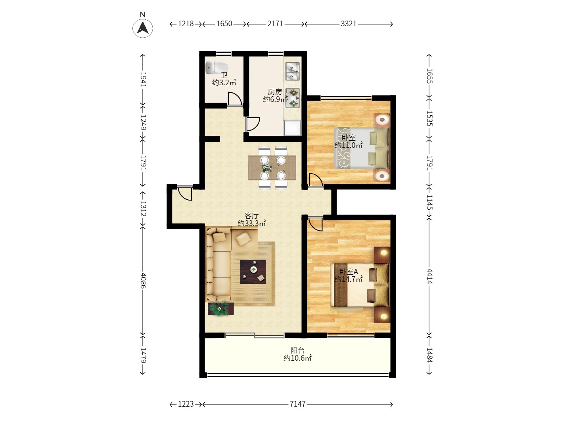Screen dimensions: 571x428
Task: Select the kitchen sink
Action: click(x=292, y=71)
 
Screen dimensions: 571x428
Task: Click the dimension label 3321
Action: click(x=348, y=24)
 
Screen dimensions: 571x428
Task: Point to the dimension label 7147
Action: click(x=298, y=404)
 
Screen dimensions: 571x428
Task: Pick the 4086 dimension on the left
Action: click(x=143, y=281)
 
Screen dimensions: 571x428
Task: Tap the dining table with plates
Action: click(x=272, y=168)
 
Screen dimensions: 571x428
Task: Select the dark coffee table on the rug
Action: click(x=253, y=272)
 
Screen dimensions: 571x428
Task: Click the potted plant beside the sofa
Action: click(x=220, y=309)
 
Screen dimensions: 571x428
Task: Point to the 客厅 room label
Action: click(x=251, y=216)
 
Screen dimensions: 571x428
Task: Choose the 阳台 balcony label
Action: click(x=297, y=351)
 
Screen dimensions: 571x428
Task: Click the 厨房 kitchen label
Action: click(x=275, y=92)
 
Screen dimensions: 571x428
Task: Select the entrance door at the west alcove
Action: click(x=185, y=193)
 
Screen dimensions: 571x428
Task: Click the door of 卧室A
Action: click(x=315, y=224)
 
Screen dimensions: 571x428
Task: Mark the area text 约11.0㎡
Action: click(x=349, y=145)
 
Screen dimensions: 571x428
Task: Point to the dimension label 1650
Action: click(x=224, y=24)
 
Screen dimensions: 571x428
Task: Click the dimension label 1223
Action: click(x=186, y=404)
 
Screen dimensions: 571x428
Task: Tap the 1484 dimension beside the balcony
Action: click(x=429, y=355)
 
